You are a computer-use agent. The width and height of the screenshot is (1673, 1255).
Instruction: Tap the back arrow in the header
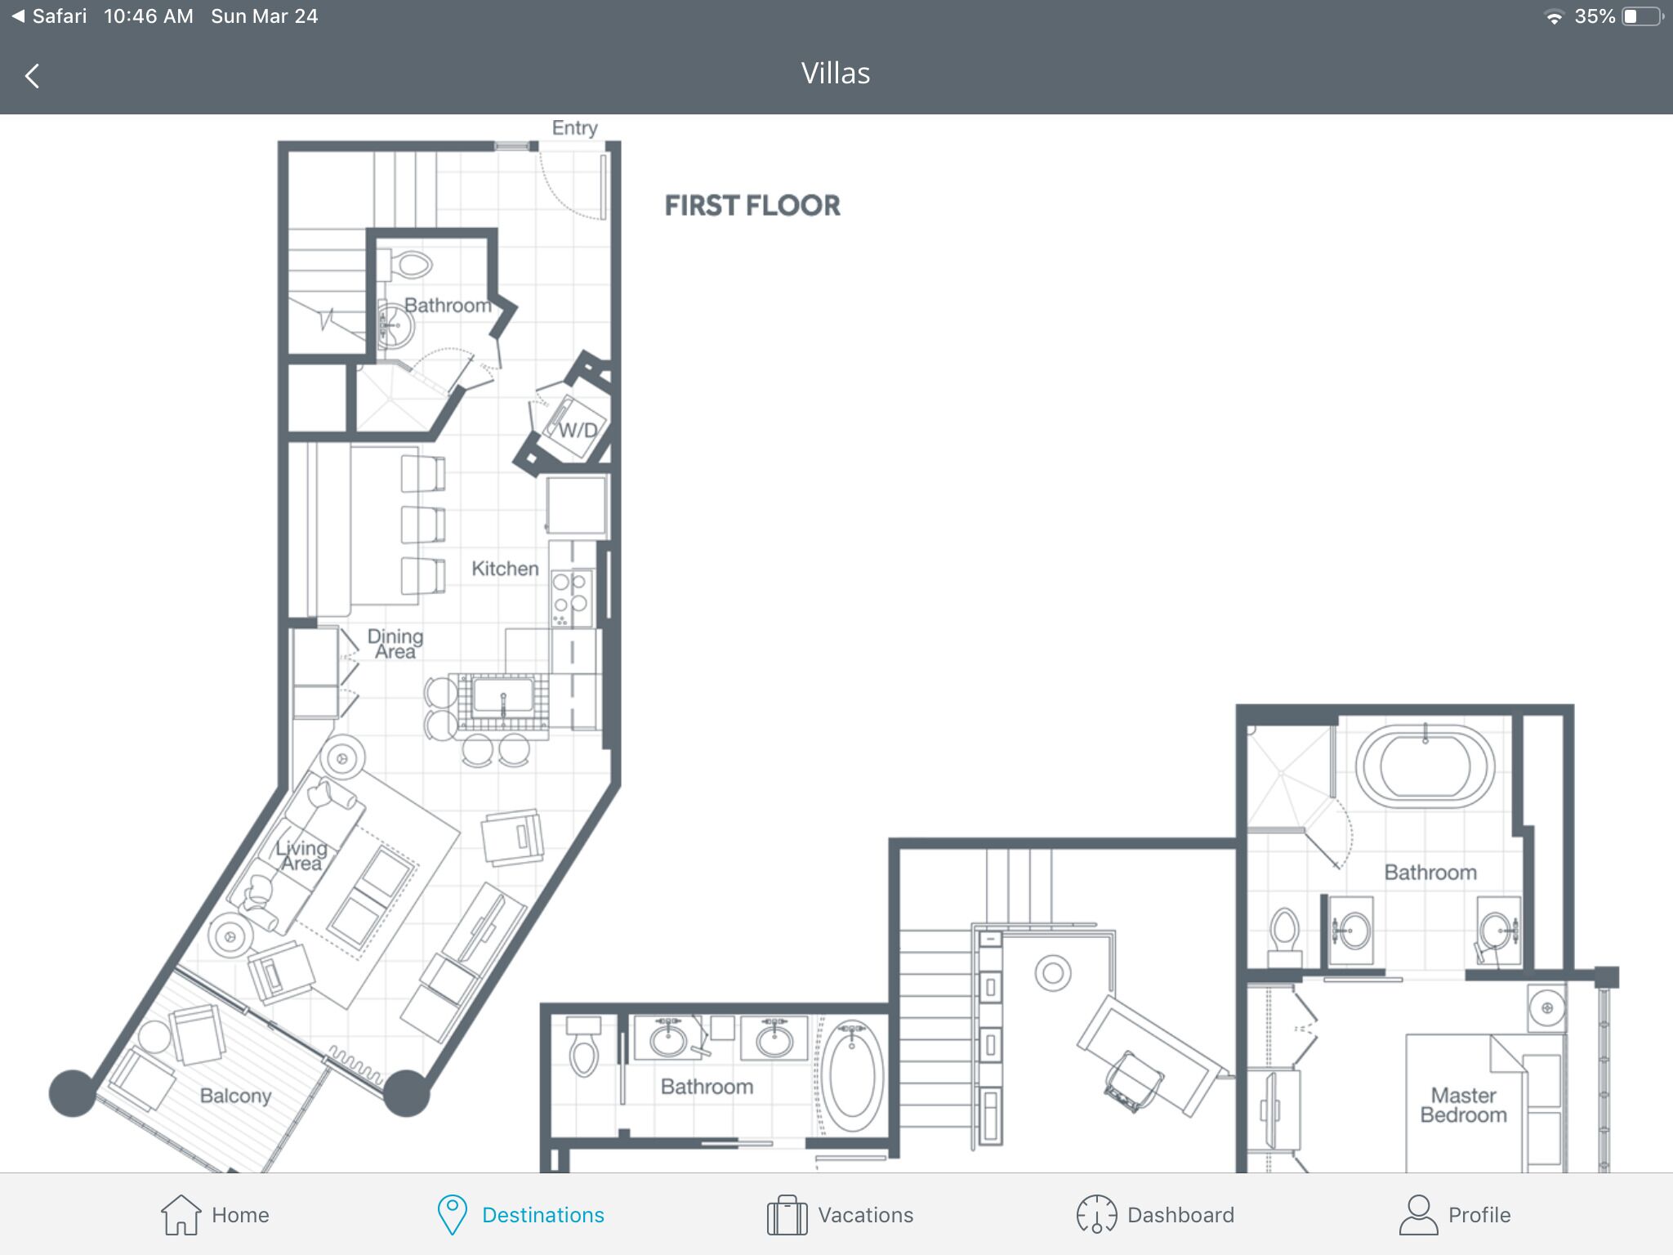[x=32, y=76]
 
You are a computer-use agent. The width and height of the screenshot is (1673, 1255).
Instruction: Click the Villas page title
[x=836, y=74]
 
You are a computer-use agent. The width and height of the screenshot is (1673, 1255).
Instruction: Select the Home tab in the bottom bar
[x=215, y=1215]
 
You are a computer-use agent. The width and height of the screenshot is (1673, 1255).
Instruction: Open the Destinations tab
[x=520, y=1215]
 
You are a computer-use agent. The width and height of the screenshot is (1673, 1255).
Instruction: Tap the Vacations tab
[x=840, y=1215]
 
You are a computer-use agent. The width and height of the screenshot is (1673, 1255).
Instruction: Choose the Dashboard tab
[x=1155, y=1215]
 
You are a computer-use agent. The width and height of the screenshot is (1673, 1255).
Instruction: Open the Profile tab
[x=1455, y=1215]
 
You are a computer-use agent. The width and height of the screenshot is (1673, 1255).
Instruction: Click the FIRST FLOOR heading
[x=752, y=206]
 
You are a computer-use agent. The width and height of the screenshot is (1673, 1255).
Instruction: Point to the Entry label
[x=574, y=128]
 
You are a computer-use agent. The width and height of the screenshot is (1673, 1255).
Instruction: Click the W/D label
[x=578, y=431]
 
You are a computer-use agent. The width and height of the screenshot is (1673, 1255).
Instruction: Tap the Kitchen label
[x=505, y=569]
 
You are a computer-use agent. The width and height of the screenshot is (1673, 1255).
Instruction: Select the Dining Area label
[x=395, y=644]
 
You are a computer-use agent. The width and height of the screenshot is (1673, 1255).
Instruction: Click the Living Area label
[x=301, y=855]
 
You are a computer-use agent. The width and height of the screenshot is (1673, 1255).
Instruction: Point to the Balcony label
[x=235, y=1096]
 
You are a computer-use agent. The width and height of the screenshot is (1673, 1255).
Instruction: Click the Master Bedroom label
[x=1463, y=1105]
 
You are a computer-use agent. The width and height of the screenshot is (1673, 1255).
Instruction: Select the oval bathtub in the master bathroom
[x=1425, y=766]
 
